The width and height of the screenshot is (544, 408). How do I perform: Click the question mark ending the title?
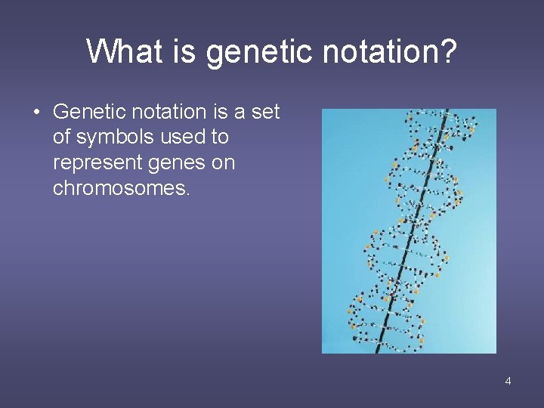pyautogui.click(x=448, y=52)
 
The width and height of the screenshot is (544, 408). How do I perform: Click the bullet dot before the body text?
pyautogui.click(x=36, y=113)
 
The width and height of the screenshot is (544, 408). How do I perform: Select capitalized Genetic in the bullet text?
pyautogui.click(x=82, y=113)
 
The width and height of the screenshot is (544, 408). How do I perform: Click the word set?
pyautogui.click(x=265, y=113)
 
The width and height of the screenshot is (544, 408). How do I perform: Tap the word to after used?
pyautogui.click(x=220, y=138)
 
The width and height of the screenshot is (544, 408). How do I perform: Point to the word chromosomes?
pyautogui.click(x=121, y=188)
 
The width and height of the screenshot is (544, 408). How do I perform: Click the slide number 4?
pyautogui.click(x=508, y=381)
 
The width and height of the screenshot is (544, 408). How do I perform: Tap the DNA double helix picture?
pyautogui.click(x=409, y=230)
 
